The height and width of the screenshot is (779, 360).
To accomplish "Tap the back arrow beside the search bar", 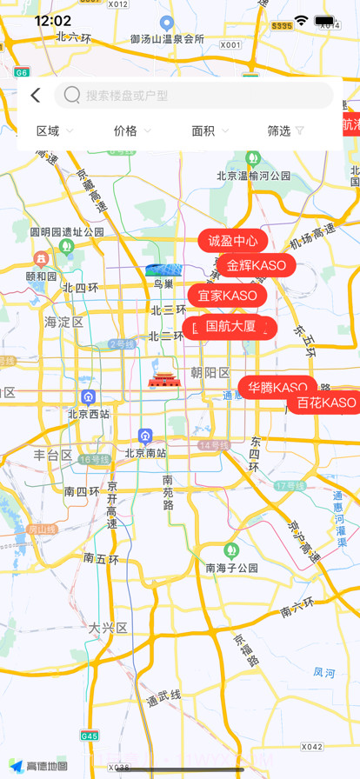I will (35, 96).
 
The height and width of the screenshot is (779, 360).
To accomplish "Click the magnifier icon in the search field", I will (72, 95).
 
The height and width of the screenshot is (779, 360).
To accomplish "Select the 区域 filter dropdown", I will (55, 130).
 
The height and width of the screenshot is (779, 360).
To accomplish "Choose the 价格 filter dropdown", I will (132, 130).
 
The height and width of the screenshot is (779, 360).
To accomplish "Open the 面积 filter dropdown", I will (210, 130).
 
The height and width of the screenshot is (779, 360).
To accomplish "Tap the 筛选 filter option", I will (286, 130).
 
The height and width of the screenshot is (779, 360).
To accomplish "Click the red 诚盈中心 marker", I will (232, 241).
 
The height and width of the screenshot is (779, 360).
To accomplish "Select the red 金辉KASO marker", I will (256, 265).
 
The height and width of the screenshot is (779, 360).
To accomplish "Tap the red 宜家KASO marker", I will (227, 296).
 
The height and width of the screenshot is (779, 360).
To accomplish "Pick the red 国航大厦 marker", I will (230, 327).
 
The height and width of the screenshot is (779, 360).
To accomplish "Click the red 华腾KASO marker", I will (277, 387).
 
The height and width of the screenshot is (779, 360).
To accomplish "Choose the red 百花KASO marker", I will (325, 403).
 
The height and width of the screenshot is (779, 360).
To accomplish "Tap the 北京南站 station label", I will (146, 452).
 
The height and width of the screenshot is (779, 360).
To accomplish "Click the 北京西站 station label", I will (89, 414).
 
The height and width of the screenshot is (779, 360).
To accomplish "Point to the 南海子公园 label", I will (231, 567).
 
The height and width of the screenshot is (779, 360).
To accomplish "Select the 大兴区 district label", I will (108, 627).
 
